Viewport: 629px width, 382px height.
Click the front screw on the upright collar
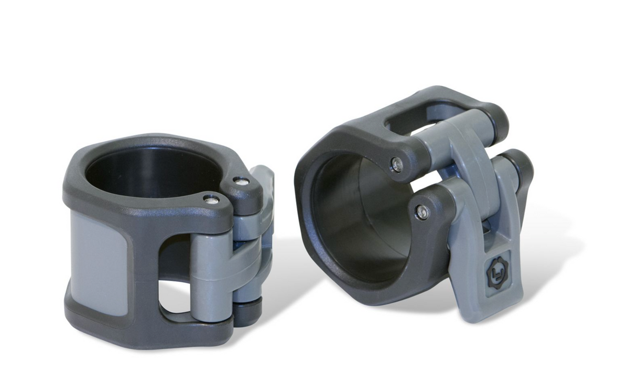pos(212,199)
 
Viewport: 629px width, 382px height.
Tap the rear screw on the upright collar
pos(241,182)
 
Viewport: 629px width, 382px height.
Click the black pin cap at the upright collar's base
pos(246,311)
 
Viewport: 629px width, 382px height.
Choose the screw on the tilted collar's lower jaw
pos(422,212)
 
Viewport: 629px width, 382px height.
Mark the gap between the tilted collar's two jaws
pos(419,184)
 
